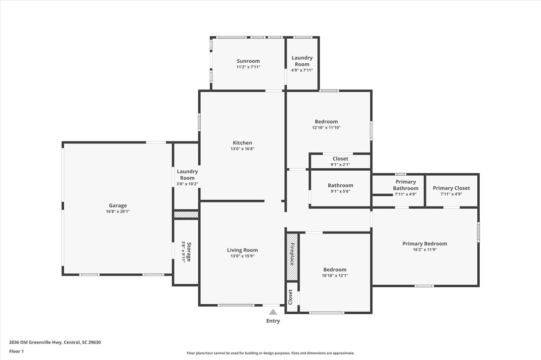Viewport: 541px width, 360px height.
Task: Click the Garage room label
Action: [118, 206]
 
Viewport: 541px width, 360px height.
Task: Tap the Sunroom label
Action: [248, 61]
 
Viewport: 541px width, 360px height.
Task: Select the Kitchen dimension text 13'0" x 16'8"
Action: [243, 149]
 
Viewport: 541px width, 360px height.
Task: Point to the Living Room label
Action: [242, 250]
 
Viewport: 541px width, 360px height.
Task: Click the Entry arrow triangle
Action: [273, 312]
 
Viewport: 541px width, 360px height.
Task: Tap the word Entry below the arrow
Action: [273, 321]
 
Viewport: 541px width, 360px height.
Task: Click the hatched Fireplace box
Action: [292, 257]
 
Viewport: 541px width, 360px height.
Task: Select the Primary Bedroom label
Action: [425, 243]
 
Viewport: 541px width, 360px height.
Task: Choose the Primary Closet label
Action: [451, 188]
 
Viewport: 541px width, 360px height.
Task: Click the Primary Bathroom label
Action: [406, 185]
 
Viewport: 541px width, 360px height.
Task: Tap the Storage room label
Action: [189, 252]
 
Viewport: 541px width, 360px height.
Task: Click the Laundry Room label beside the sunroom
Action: [302, 61]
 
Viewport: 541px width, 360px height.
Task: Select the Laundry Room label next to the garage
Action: [187, 174]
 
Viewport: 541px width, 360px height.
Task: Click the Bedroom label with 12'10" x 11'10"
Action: [326, 121]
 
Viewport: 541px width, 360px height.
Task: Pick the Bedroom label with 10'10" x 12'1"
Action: [335, 270]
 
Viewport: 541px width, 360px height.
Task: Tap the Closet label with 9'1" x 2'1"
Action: [341, 159]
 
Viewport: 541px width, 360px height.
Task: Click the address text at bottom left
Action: [55, 343]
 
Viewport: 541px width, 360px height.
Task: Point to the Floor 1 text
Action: [16, 352]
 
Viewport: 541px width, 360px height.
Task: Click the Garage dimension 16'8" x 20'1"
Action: [118, 212]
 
